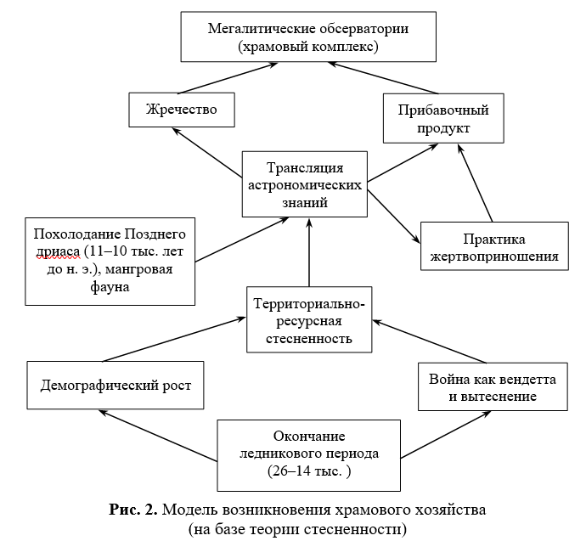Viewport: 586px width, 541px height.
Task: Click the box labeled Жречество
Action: click(x=182, y=110)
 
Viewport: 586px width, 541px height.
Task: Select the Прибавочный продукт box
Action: click(x=443, y=118)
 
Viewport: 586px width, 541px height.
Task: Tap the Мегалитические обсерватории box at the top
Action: click(x=308, y=37)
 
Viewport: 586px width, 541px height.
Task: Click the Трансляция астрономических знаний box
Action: click(x=305, y=184)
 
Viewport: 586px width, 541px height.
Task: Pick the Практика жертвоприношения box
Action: click(x=494, y=246)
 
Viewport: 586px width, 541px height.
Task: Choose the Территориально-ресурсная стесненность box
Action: click(x=309, y=320)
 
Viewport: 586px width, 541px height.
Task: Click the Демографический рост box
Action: click(x=116, y=386)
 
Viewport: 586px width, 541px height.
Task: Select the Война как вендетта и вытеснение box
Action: click(x=493, y=386)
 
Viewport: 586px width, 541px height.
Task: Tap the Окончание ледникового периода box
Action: click(x=308, y=455)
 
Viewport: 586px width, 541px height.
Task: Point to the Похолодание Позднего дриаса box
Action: click(x=110, y=262)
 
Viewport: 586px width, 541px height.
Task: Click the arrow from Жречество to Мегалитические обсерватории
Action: click(x=228, y=78)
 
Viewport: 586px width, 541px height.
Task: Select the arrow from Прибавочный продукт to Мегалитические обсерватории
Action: click(x=383, y=78)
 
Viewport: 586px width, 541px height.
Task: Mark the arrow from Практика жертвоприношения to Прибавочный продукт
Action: click(x=475, y=183)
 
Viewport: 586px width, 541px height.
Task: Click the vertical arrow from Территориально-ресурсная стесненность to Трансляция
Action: click(x=309, y=252)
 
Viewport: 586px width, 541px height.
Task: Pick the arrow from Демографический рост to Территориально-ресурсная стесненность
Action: click(x=174, y=340)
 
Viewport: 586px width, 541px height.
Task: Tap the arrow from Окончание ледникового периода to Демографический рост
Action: click(x=158, y=436)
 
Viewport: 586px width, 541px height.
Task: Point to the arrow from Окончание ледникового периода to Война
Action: click(x=446, y=435)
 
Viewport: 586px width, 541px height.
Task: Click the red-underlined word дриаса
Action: click(x=58, y=251)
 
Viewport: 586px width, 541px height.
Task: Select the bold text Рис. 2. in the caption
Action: click(x=133, y=510)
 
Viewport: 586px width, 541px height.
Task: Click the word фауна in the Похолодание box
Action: click(x=110, y=286)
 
